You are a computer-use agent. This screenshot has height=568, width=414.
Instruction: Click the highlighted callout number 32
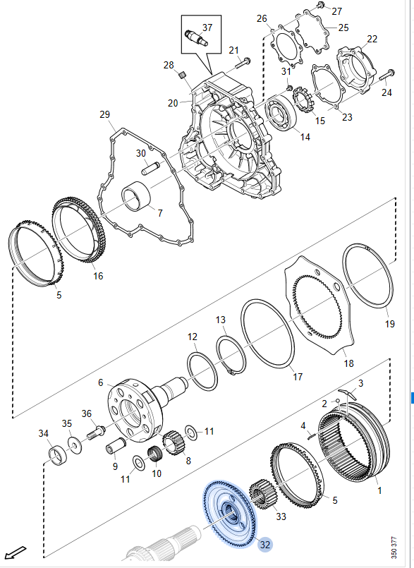coord(265,545)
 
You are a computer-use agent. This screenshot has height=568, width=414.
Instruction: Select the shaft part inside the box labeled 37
coord(196,37)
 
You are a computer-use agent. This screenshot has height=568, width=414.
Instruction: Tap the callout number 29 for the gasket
coord(104,114)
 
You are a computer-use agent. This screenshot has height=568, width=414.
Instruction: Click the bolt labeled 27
coord(320,5)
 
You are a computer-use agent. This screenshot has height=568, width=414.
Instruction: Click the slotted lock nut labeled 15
coord(303,99)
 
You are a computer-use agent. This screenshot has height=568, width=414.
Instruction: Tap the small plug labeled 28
coord(183,75)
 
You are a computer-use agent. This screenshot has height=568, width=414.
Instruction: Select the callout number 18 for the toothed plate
coord(348,363)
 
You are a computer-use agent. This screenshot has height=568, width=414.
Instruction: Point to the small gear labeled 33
coord(262,495)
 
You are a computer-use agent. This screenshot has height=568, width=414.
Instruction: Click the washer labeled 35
coord(75,445)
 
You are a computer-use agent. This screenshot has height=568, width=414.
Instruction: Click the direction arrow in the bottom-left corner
coord(15,552)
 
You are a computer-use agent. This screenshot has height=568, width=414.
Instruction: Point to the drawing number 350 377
coord(395,548)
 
